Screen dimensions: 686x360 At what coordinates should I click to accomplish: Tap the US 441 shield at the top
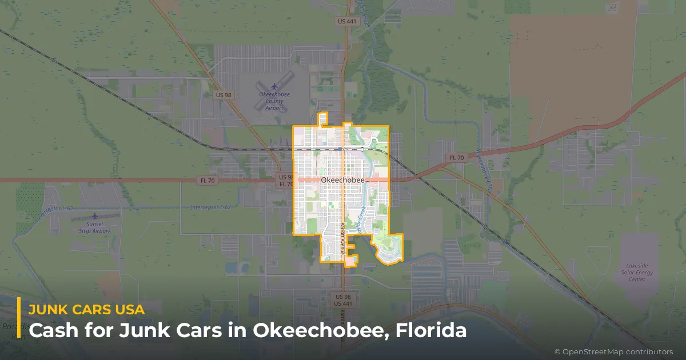(x=347, y=21)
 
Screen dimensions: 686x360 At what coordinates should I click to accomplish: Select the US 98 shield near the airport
(x=224, y=94)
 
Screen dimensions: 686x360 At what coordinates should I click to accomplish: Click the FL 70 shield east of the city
(x=457, y=157)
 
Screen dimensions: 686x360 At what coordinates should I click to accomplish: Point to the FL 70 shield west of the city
(x=207, y=180)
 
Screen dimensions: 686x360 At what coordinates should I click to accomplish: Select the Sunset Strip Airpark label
(x=95, y=228)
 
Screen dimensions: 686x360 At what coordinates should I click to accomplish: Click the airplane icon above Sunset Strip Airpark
(x=95, y=217)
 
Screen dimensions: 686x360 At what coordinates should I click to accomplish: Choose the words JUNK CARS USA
(x=86, y=310)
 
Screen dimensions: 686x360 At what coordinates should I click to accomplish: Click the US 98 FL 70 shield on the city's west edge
(x=286, y=181)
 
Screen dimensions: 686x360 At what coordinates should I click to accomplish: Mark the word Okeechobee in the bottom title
(x=322, y=330)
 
